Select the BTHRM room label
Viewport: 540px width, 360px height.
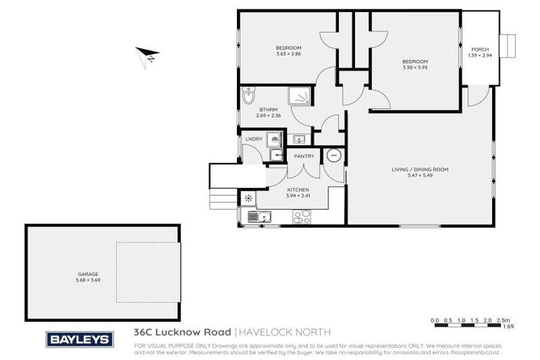coord(266,110)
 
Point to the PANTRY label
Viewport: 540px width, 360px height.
coord(304,156)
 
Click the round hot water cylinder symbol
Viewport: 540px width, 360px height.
coord(335,156)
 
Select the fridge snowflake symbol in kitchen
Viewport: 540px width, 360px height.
coord(248,199)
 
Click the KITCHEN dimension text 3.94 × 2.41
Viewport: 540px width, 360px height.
coord(297,196)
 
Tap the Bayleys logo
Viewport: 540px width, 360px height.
coord(79,339)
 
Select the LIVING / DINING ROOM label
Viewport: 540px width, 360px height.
coord(420,169)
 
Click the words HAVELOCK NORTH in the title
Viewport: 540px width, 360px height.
coord(283,332)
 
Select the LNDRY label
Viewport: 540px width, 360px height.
coord(253,139)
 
